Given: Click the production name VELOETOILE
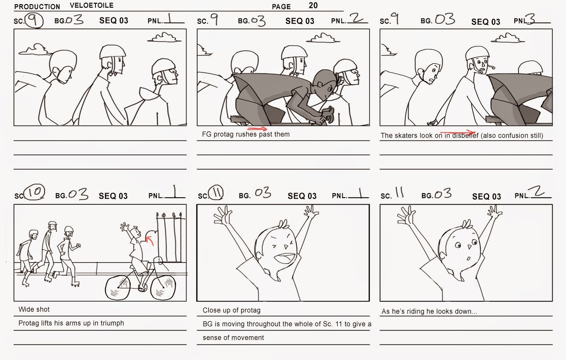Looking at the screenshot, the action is (x=92, y=5).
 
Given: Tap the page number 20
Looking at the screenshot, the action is (x=313, y=5).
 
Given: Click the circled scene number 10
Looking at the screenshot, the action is (x=35, y=192).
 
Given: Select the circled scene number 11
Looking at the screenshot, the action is (x=216, y=192).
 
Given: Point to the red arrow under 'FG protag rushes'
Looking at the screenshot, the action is (x=257, y=129).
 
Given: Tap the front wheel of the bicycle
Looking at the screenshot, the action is (x=163, y=288).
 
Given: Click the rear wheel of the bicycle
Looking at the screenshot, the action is (x=118, y=288).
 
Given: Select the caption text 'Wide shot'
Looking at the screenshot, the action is (x=34, y=309).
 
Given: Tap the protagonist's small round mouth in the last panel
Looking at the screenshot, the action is (x=468, y=259).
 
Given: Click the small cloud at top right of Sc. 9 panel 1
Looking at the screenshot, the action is (x=164, y=37).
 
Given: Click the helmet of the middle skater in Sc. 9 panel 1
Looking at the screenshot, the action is (x=112, y=52).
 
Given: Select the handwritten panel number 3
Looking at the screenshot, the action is (x=532, y=19).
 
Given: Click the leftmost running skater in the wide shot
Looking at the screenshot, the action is (x=26, y=258).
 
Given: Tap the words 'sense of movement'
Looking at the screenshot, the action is (x=233, y=338).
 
